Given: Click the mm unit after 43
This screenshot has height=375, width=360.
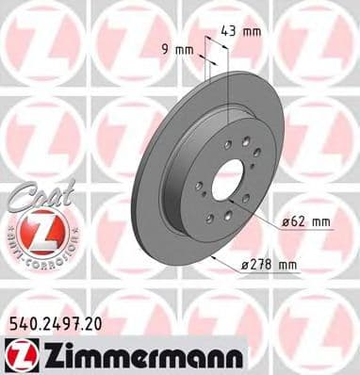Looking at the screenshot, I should coord(254,31).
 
